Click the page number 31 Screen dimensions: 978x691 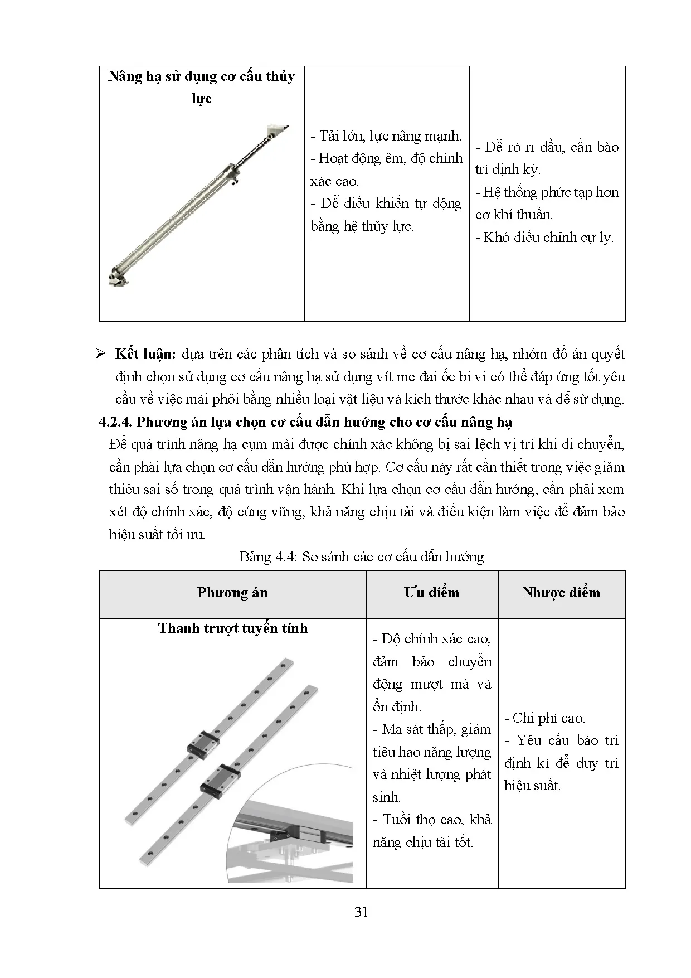click(361, 912)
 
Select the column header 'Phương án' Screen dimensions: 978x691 click(232, 593)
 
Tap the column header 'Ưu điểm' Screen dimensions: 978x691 click(432, 593)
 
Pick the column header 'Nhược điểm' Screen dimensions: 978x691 click(561, 593)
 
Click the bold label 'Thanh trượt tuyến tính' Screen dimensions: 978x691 click(232, 628)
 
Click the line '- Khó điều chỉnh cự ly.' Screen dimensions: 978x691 click(544, 238)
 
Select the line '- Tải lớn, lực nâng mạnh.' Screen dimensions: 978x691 click(386, 136)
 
